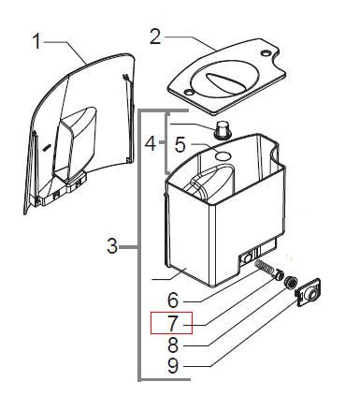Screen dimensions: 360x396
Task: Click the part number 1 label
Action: [x=36, y=41]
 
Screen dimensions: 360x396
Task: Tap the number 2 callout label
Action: [x=155, y=37]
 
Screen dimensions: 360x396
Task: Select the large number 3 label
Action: [x=112, y=246]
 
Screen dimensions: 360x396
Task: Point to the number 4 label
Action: [x=151, y=144]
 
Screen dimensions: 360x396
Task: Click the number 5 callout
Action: [x=180, y=144]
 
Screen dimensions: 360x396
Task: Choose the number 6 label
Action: [x=173, y=301]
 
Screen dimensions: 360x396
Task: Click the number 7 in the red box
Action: [x=173, y=323]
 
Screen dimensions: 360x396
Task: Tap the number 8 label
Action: [x=173, y=345]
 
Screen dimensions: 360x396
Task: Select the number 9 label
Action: [x=173, y=366]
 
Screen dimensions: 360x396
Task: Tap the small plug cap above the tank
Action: [x=223, y=130]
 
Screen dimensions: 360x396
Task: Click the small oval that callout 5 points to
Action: [x=223, y=155]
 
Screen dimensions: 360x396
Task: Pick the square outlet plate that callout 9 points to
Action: [x=309, y=292]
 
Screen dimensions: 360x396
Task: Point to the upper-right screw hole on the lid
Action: [x=266, y=53]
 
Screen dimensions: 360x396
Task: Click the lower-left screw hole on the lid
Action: [x=188, y=92]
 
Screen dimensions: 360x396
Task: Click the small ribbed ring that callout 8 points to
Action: [x=290, y=282]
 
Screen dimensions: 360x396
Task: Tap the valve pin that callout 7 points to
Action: [x=278, y=275]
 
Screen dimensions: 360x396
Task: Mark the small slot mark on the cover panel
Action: [x=47, y=148]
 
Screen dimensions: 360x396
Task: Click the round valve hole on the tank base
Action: [x=248, y=258]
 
